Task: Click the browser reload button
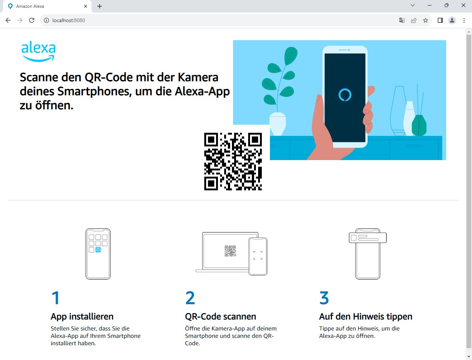[32, 20]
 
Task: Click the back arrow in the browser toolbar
[8, 20]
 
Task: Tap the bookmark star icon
[425, 20]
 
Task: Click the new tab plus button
[99, 6]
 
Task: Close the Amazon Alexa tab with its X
[86, 6]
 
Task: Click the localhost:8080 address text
[69, 20]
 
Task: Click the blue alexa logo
[38, 51]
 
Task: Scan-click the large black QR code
[233, 162]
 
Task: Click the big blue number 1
[55, 298]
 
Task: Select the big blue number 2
[190, 298]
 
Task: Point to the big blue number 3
[324, 298]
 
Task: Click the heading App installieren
[82, 316]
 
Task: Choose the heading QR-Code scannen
[221, 316]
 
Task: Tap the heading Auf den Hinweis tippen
[365, 316]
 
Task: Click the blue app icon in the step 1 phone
[98, 250]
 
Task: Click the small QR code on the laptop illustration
[230, 251]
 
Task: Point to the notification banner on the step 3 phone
[368, 238]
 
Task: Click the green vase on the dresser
[419, 125]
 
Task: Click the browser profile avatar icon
[452, 20]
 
